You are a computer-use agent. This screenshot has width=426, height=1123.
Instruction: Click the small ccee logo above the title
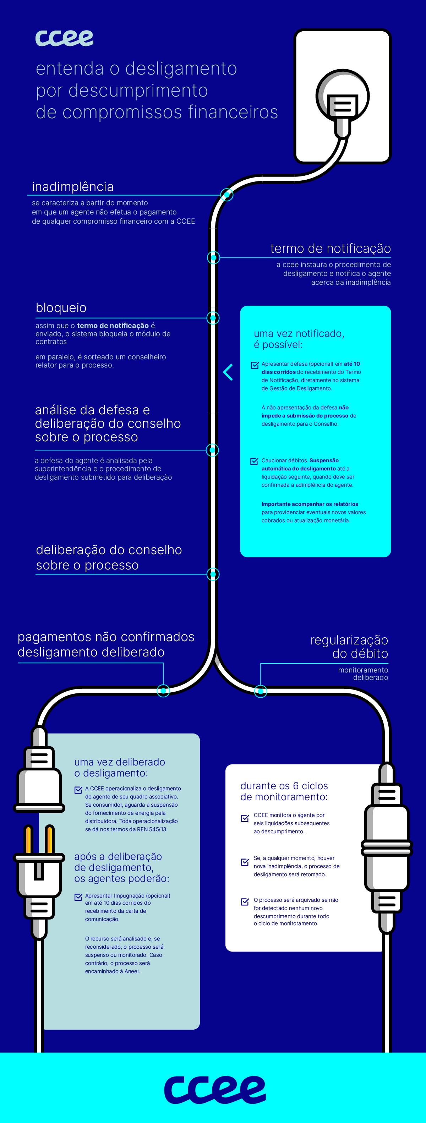tap(65, 38)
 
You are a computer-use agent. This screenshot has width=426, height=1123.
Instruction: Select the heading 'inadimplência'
tap(73, 187)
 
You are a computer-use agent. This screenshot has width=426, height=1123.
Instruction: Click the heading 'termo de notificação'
tap(331, 249)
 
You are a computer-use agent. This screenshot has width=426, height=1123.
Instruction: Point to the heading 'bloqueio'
tap(61, 308)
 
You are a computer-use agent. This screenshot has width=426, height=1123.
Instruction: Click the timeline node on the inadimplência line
tap(227, 195)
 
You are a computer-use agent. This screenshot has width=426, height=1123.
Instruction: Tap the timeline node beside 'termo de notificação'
tap(213, 257)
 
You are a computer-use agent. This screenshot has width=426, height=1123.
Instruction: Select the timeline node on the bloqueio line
tap(213, 318)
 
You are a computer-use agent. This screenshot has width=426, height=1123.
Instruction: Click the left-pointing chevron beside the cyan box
tap(228, 372)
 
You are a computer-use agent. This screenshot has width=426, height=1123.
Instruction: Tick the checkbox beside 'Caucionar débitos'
tap(254, 461)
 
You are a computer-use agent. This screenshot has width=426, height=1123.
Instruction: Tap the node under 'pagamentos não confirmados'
tap(163, 691)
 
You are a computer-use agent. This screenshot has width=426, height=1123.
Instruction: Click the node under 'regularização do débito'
tap(260, 691)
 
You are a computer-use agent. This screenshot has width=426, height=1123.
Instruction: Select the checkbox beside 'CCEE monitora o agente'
tap(245, 818)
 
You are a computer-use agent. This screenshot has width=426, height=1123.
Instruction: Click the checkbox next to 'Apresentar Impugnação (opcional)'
tap(78, 897)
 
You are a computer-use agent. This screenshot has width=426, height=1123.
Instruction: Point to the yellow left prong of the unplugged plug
tap(29, 839)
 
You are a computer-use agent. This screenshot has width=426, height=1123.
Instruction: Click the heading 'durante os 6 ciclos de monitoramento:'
tap(284, 791)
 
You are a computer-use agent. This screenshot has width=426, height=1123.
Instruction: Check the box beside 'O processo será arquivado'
tap(245, 901)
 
